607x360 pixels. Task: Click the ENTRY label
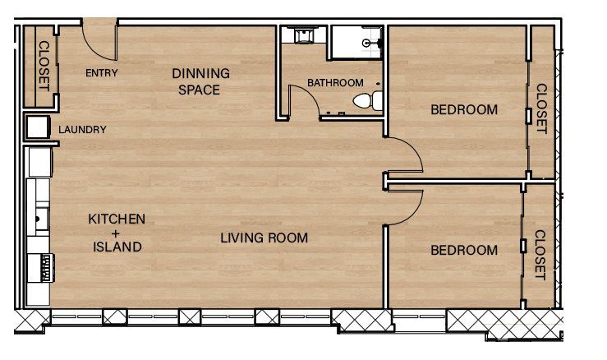[x=102, y=73]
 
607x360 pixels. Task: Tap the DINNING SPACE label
[x=200, y=81]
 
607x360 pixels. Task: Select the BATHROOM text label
[x=334, y=83]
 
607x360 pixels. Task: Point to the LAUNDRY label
[x=83, y=130]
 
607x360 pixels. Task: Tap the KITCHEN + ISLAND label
[x=117, y=233]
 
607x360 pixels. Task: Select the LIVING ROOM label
[x=264, y=238]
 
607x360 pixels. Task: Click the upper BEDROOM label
[x=464, y=110]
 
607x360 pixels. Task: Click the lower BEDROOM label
[x=464, y=250]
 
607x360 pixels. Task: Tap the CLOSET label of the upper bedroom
[x=541, y=108]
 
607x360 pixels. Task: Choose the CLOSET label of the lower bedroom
[x=540, y=254]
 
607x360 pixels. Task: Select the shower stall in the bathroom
[x=357, y=42]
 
